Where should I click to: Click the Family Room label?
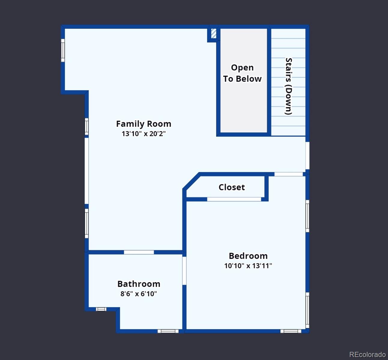pos(143,124)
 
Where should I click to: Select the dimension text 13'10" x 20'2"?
pos(143,134)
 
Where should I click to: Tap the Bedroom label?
pos(248,256)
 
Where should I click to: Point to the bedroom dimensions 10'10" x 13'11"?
pos(248,266)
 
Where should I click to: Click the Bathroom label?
pos(139,284)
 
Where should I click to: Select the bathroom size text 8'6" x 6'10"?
pos(139,294)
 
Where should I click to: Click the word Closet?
pos(231,187)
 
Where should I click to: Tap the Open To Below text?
pos(242,73)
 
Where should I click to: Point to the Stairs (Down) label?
pos(288,86)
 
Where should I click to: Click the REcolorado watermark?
pos(367,354)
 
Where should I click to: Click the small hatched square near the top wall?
pos(213,33)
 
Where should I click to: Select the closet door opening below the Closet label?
pos(234,199)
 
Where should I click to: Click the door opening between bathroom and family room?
pos(139,252)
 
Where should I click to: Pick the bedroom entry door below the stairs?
pos(288,174)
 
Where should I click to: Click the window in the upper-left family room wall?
pos(63,50)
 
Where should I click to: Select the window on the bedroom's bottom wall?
pos(291,331)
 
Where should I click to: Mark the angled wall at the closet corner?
pos(191,181)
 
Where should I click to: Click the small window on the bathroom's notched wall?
pos(101,309)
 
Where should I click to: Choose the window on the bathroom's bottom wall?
pos(168,331)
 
